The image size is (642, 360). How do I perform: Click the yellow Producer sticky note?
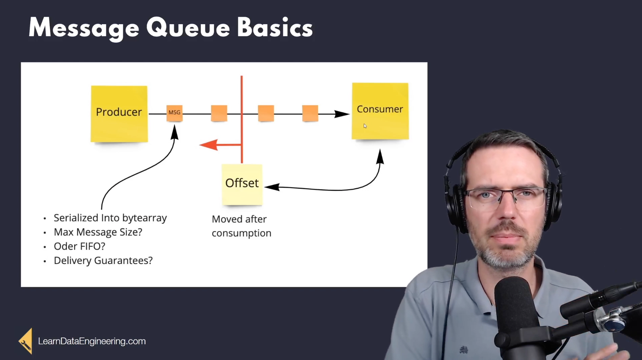tap(119, 114)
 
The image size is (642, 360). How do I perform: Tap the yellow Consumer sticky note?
tap(380, 111)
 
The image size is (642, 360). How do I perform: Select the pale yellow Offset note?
tap(242, 184)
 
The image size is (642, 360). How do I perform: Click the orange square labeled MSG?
tap(175, 113)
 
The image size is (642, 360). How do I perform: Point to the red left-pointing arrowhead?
tap(208, 145)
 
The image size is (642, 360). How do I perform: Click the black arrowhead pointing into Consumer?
tap(342, 114)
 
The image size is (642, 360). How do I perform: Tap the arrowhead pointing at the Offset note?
tap(272, 187)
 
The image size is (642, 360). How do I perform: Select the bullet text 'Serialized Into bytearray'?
tap(110, 218)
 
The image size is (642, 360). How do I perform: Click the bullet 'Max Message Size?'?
tap(98, 232)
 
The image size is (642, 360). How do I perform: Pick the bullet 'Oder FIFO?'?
tap(80, 246)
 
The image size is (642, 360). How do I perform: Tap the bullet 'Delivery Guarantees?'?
tap(103, 261)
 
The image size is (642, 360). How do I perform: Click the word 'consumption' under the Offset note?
tap(242, 233)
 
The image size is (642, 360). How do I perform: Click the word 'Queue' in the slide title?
tap(188, 28)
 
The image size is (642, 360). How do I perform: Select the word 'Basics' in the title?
tap(275, 28)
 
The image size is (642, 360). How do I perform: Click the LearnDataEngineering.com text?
tap(92, 341)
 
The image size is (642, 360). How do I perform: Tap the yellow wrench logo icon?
tap(26, 341)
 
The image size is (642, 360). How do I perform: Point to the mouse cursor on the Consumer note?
tap(365, 126)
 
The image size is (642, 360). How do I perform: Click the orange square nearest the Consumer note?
tap(310, 113)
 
